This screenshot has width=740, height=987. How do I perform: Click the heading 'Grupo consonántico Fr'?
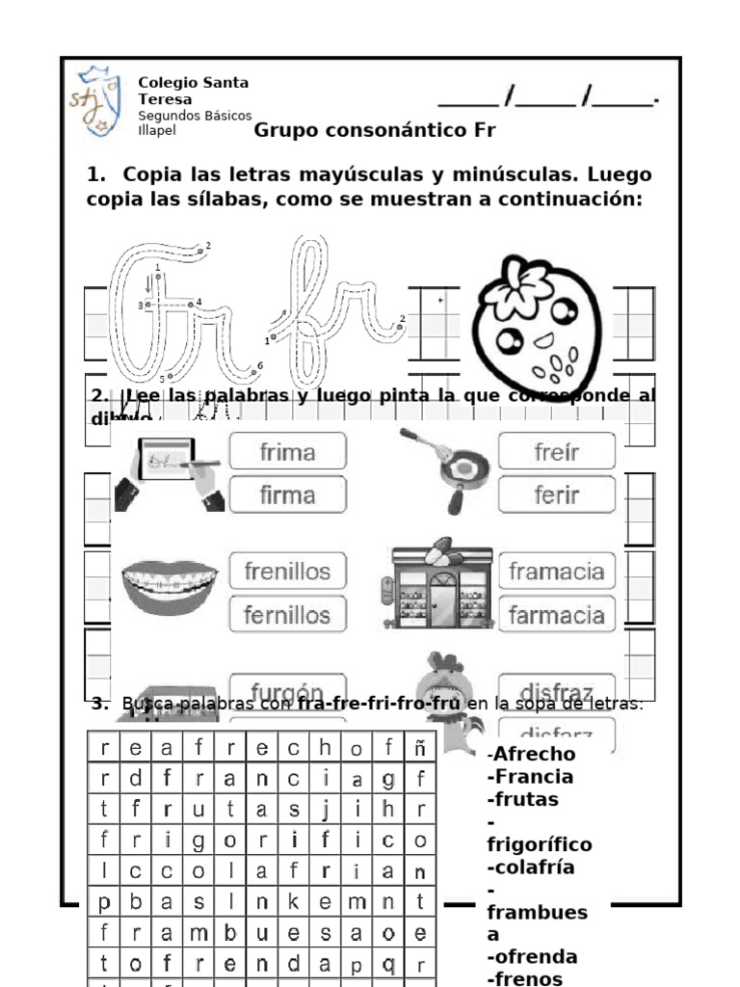coord(375,130)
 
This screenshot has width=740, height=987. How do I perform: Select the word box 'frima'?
coord(287,451)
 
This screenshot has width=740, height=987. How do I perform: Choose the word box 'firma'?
coord(287,495)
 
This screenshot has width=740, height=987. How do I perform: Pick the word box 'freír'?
coord(556,451)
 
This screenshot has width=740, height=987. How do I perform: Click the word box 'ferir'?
coord(556,495)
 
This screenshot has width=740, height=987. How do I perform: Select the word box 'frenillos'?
coord(287,571)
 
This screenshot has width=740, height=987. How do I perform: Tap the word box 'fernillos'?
coord(287,615)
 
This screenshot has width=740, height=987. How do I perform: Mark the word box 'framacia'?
coord(556,571)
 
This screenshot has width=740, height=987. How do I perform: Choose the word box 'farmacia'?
coord(556,615)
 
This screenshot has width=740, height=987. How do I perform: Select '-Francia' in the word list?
coord(530,777)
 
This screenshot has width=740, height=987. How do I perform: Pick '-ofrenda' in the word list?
coord(533,957)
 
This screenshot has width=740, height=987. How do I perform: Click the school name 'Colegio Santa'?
coord(193,83)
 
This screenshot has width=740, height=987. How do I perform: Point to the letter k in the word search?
coord(295,902)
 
